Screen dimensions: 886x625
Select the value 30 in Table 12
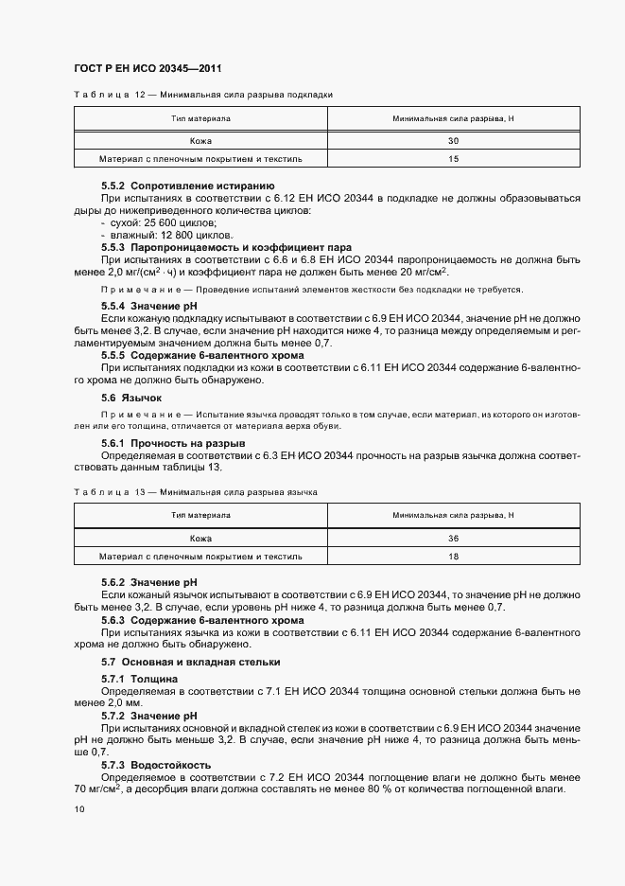(x=453, y=140)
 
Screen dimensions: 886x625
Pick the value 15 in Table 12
(x=453, y=159)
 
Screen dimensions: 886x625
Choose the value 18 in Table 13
(x=453, y=556)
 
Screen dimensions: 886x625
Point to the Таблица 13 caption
(x=195, y=492)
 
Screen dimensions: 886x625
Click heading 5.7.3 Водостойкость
(x=156, y=764)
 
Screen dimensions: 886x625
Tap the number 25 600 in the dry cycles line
(x=153, y=222)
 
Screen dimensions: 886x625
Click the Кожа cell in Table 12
(x=200, y=140)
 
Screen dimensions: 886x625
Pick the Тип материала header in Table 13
(x=200, y=515)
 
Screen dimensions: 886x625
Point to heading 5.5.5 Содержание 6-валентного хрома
(x=202, y=354)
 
